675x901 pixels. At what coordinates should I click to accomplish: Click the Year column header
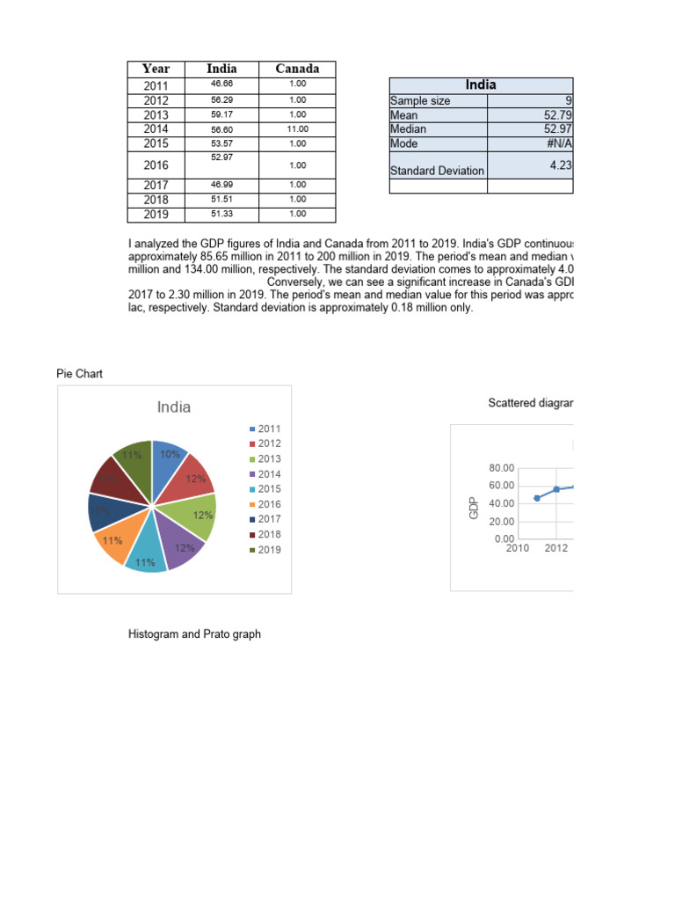(156, 69)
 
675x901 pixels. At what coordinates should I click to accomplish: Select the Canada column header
(297, 69)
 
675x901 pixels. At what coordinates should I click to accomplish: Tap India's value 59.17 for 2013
(221, 114)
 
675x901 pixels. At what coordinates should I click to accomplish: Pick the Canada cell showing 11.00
(297, 128)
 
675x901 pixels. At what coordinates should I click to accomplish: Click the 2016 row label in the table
(156, 165)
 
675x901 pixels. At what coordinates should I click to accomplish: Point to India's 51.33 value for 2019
(221, 214)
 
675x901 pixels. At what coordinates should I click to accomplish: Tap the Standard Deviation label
(437, 171)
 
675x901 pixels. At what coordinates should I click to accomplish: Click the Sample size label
(420, 101)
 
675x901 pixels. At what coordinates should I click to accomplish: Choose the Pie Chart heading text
(79, 374)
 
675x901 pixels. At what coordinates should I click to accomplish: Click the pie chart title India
(173, 407)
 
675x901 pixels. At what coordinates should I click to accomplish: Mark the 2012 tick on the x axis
(555, 548)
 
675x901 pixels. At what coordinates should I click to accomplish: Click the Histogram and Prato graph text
(194, 634)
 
